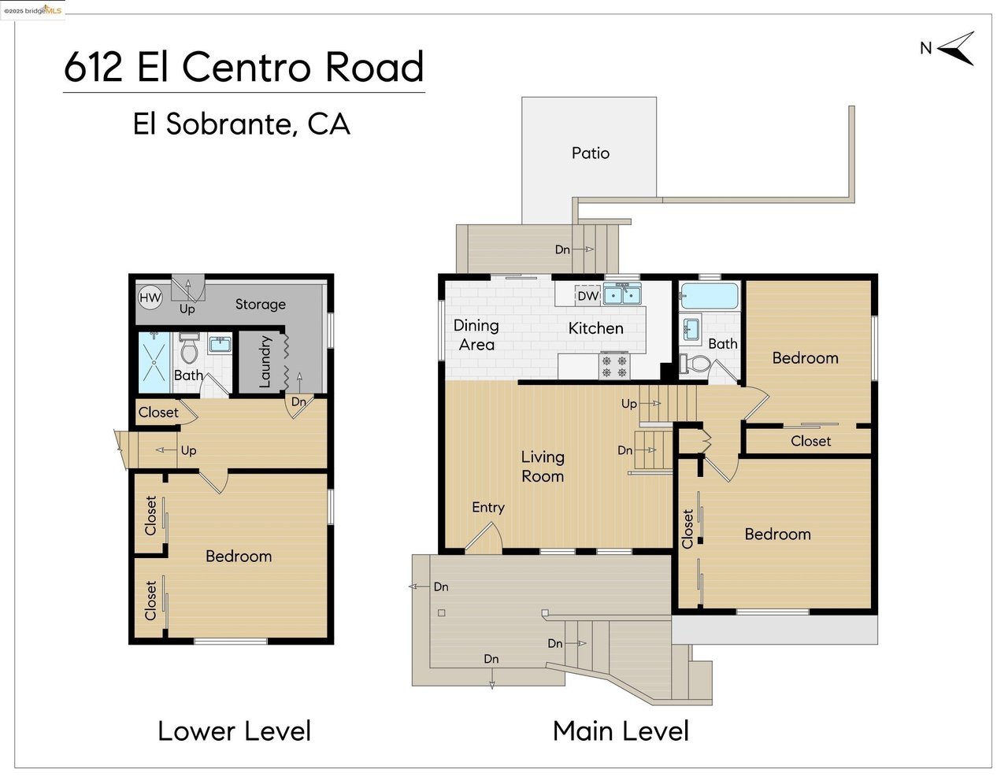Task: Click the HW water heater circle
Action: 150,298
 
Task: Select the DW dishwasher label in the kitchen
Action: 588,296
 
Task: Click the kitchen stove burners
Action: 614,366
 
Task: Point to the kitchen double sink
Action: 623,294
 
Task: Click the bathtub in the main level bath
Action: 708,296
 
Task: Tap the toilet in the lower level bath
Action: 189,348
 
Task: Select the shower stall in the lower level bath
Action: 154,362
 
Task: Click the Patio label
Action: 590,153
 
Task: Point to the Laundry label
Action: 265,361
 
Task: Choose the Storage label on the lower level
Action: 260,304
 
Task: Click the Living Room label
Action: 543,467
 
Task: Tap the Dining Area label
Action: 476,335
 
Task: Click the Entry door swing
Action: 484,537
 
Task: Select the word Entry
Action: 488,507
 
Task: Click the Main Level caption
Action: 621,731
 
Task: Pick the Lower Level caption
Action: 234,731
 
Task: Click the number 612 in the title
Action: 93,67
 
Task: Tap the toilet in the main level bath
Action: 695,363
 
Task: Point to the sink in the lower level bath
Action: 220,345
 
